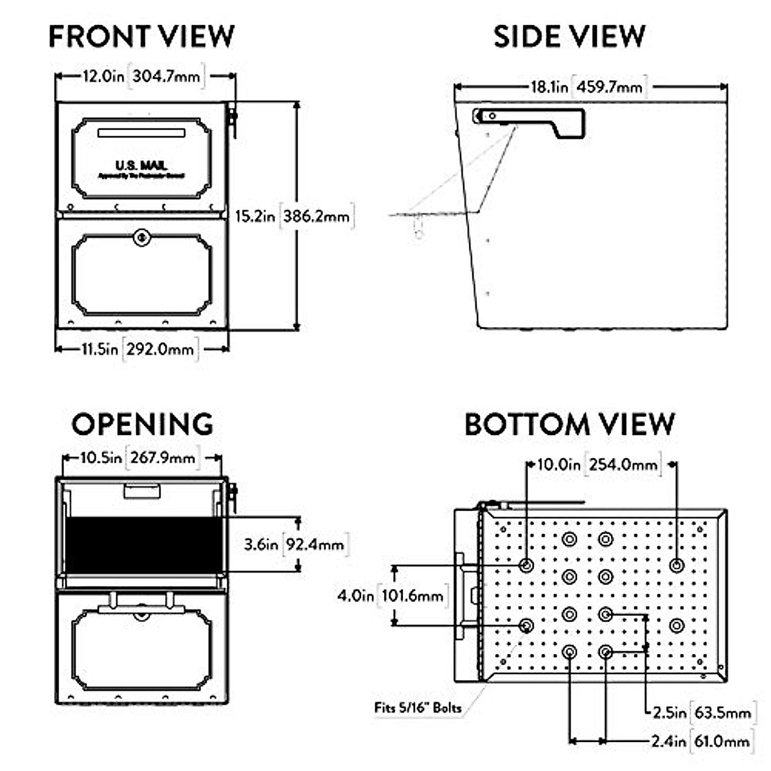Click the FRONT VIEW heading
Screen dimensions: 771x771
tap(141, 37)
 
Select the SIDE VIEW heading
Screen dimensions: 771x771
tap(569, 37)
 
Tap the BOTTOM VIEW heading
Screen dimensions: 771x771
tap(569, 425)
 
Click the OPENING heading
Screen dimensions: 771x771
tap(142, 425)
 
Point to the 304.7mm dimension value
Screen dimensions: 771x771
tap(166, 76)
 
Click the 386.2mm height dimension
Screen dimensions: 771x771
tap(317, 216)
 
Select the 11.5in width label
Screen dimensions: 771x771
tap(100, 349)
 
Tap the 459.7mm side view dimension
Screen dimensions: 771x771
tap(609, 87)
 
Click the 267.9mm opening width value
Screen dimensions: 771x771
tap(163, 458)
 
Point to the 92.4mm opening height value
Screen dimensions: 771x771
tap(315, 545)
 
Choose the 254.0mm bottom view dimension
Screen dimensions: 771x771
tap(623, 464)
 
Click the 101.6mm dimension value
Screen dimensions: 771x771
tap(412, 596)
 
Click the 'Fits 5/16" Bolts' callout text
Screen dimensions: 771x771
tap(418, 708)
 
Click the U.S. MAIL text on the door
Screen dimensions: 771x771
tap(141, 166)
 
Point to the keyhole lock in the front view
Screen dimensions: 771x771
tap(142, 238)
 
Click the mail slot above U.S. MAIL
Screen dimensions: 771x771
tap(141, 133)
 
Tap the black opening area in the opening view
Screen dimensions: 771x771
tap(143, 545)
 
